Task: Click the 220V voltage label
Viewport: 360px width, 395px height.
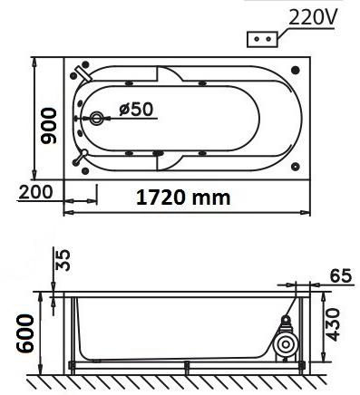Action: click(x=313, y=16)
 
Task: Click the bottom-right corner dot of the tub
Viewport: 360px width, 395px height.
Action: click(x=297, y=168)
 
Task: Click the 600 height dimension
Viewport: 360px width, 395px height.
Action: click(x=20, y=332)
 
